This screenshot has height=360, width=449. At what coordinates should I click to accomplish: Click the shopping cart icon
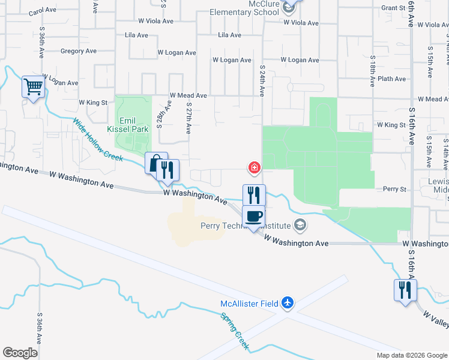pos(34,87)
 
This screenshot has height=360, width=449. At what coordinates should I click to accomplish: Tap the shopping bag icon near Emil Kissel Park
pos(155,163)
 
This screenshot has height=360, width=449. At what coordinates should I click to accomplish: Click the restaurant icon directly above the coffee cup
pos(253,195)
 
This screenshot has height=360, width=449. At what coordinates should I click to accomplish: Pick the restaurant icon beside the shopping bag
pos(168,170)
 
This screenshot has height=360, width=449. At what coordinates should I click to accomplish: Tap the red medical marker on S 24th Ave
pos(255,167)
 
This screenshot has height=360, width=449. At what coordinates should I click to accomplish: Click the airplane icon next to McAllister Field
pos(288,303)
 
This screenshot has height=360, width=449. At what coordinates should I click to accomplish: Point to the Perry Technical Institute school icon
pos(300,226)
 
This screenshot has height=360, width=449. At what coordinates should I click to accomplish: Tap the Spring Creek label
pos(234,331)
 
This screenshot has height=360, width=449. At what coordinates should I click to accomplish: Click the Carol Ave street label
pos(43,11)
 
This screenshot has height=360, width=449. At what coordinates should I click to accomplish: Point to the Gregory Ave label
pos(80,52)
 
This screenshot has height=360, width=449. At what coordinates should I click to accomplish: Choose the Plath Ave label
pos(392,79)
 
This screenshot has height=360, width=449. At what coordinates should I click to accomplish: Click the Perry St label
pos(395,189)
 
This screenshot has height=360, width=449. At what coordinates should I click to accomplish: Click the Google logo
pos(20,353)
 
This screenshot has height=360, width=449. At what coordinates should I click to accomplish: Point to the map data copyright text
pos(411,355)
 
